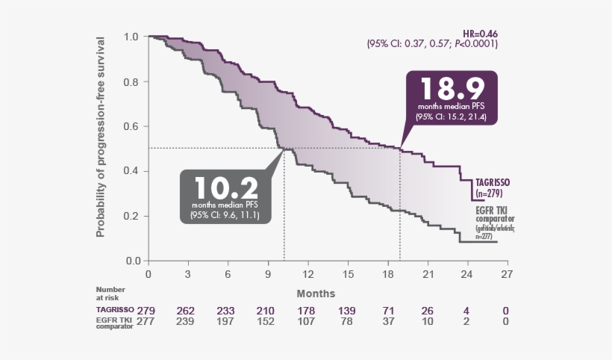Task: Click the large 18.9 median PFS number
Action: click(447, 90)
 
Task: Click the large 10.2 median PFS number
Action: click(226, 187)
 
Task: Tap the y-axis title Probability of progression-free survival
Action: click(101, 136)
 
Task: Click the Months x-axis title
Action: click(316, 294)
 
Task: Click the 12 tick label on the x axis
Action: click(308, 275)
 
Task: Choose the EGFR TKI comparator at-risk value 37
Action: click(388, 323)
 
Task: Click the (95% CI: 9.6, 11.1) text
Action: click(226, 216)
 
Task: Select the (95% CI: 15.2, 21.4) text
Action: click(446, 117)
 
